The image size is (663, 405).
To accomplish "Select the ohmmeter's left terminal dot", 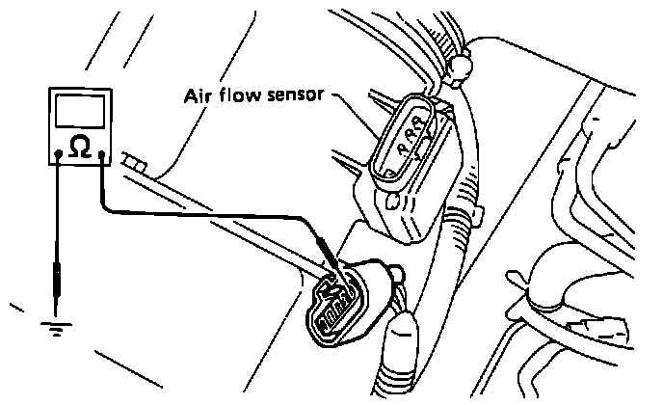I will pos(60,152).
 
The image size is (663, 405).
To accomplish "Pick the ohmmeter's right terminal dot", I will pos(100,152).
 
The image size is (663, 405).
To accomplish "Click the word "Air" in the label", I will pos(198,96).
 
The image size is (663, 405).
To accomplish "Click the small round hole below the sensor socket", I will pos(393,202).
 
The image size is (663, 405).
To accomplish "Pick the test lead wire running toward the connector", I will pos(212,214).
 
